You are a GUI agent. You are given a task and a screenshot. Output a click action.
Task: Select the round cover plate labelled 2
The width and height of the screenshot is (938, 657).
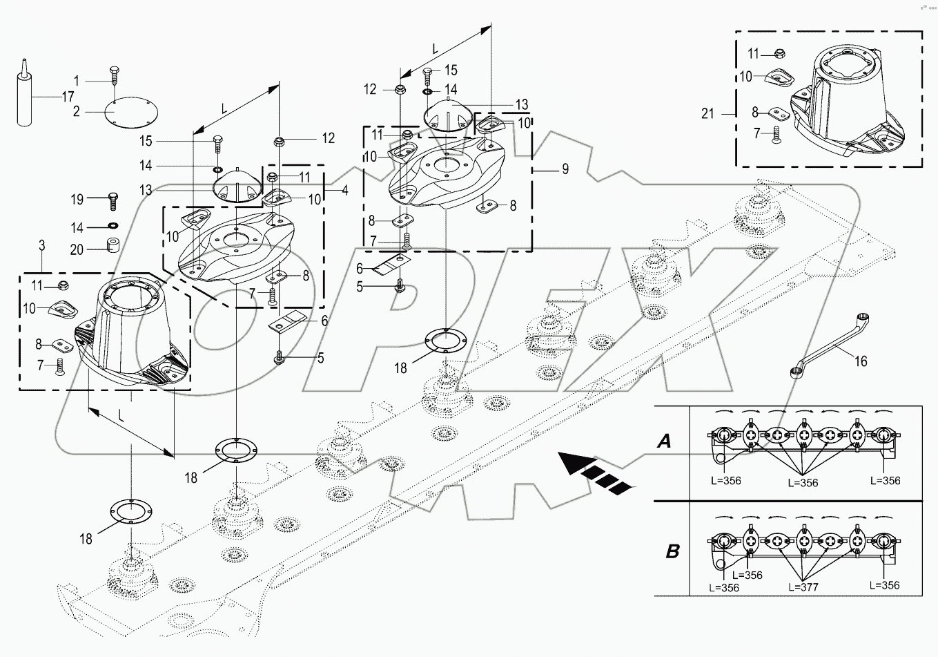[132, 111]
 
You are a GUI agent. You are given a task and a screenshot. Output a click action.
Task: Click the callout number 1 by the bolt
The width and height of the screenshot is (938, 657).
[77, 81]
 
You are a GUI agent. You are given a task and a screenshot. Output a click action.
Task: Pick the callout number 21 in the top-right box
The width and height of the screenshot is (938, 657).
[707, 114]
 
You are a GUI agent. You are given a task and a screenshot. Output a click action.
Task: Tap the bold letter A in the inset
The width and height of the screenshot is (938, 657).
[664, 441]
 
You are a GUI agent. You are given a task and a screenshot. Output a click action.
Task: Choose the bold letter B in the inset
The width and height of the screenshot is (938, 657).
[672, 551]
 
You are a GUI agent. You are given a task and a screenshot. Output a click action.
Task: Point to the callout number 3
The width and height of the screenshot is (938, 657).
[42, 245]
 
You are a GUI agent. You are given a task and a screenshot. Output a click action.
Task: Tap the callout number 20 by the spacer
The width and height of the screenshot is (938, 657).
[77, 249]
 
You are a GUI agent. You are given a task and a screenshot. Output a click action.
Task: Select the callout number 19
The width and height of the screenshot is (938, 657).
[77, 200]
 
